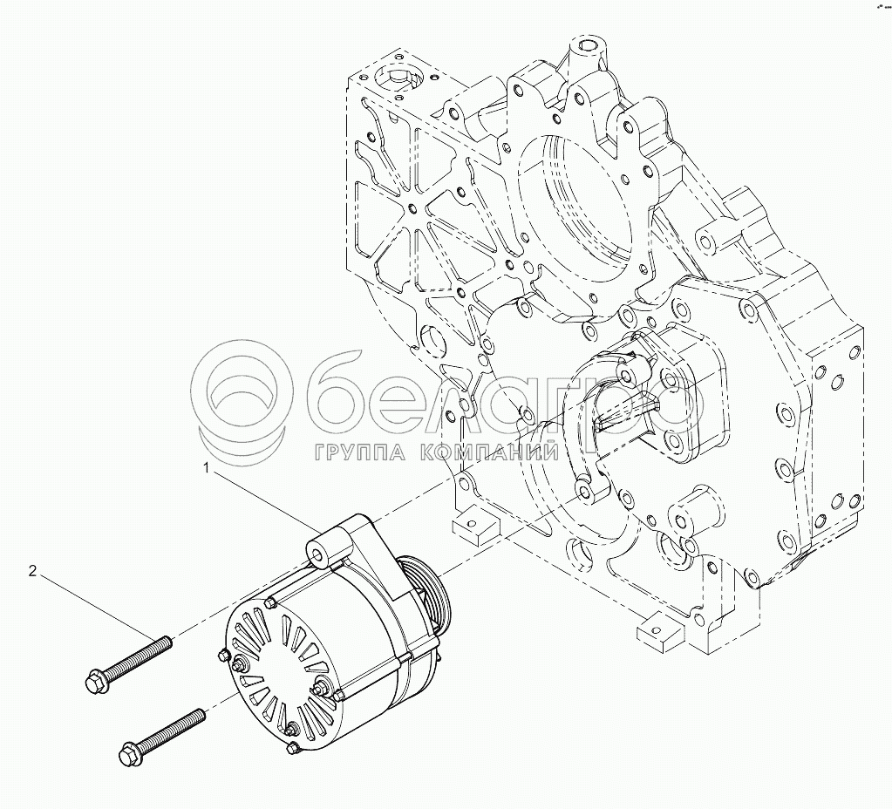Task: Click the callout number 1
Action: point(207,468)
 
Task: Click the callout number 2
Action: point(33,571)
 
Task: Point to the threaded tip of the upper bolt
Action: point(167,641)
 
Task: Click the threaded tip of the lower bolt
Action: point(200,714)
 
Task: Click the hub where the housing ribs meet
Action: point(413,207)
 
